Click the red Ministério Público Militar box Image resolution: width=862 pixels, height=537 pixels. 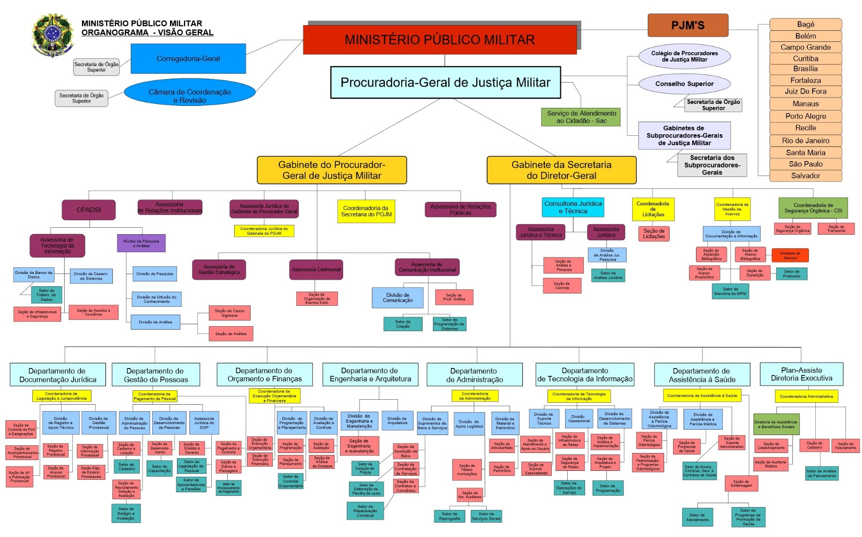439,40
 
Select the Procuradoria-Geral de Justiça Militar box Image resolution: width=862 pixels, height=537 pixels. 445,83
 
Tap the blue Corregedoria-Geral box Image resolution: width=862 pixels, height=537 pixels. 188,59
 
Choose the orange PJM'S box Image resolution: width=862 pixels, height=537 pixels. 688,25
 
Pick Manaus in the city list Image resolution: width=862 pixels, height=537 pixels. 805,104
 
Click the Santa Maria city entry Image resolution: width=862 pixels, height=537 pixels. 805,153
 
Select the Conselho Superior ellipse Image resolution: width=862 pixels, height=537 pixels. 684,84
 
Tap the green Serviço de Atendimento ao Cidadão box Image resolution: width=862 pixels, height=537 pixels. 581,117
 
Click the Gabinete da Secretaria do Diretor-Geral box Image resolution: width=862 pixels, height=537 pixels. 561,170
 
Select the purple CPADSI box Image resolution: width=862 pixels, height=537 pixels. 88,210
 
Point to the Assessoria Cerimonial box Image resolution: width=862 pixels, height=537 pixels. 316,269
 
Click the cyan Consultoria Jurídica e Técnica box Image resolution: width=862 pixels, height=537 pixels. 573,207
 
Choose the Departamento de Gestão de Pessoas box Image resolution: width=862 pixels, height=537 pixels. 156,375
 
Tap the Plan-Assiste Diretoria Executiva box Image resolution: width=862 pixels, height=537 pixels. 801,374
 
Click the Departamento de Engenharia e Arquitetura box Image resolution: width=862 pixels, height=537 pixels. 370,374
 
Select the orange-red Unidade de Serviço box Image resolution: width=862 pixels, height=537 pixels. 790,255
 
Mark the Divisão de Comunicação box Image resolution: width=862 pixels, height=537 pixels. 398,297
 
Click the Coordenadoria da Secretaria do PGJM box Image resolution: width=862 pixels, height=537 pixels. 366,211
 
